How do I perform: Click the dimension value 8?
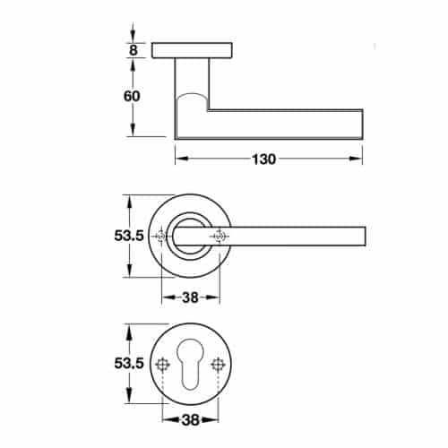coord(134,50)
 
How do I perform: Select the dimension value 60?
coord(132,96)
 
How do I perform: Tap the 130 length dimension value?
coord(264,159)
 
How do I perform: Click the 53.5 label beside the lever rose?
coord(129,236)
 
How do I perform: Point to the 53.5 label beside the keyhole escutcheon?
coord(129,364)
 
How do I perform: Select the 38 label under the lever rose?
coord(190,297)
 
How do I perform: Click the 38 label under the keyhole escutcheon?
coord(190,420)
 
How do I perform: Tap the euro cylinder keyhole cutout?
coord(190,364)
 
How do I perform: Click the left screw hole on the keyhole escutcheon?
coord(163,365)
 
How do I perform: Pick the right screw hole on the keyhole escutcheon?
coord(218,365)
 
